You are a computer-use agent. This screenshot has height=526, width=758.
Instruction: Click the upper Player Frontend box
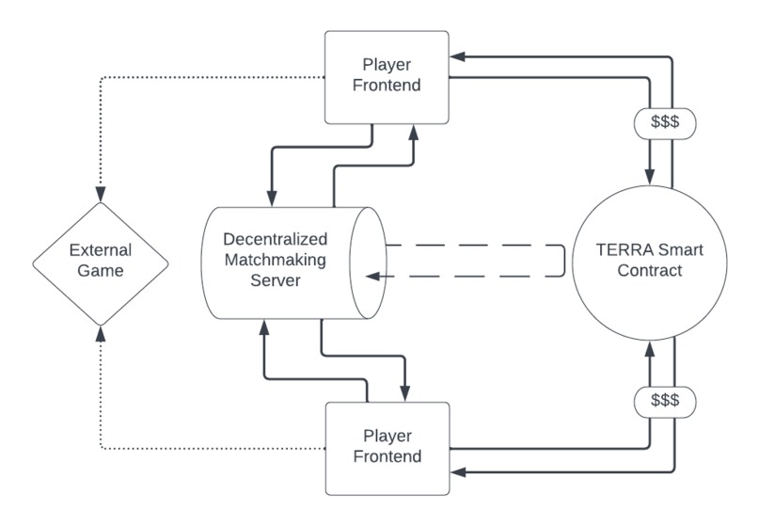point(387,77)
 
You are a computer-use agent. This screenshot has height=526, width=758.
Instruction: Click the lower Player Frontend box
point(387,449)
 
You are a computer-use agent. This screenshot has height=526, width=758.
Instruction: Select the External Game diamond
point(101,263)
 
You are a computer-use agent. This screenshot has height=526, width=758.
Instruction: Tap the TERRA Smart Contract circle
point(650,263)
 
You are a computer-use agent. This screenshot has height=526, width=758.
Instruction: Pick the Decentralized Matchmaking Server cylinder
point(294,263)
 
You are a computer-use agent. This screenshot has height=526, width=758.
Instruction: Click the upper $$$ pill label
point(665,123)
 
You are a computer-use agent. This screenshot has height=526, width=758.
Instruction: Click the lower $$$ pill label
point(665,402)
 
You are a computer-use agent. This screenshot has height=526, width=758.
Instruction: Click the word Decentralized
point(275,239)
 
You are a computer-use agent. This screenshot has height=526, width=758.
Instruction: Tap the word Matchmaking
point(275,260)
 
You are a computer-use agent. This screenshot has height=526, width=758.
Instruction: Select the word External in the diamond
point(101,249)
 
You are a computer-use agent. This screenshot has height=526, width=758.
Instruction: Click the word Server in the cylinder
point(275,280)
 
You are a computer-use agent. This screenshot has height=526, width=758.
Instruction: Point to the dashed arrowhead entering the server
point(372,277)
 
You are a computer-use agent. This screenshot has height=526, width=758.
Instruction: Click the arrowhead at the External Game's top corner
point(101,194)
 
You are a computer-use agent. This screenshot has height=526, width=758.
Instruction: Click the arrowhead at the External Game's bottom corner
point(101,333)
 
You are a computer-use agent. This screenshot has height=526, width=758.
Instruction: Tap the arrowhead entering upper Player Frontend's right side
point(457,56)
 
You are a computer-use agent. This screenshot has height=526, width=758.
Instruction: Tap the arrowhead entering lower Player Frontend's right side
point(458,471)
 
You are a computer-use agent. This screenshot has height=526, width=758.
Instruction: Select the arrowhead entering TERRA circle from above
point(650,177)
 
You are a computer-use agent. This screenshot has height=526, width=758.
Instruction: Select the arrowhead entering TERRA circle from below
point(650,349)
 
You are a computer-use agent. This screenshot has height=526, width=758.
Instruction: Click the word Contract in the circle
point(650,270)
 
